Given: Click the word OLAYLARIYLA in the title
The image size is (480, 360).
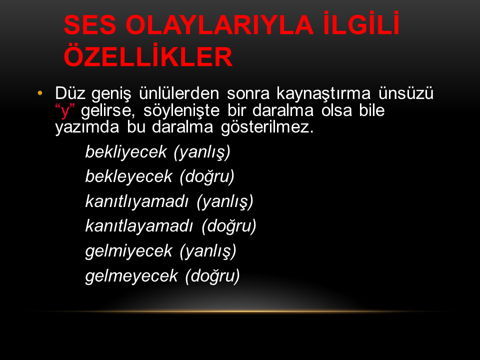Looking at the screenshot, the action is tap(219, 25).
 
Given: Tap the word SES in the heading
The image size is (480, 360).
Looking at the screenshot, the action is tap(90, 25).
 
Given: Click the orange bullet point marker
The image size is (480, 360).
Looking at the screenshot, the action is tap(40, 93).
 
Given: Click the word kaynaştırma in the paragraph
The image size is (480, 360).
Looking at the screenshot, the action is tap(323, 93).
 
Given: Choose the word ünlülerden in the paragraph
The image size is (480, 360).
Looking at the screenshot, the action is tap(179, 93).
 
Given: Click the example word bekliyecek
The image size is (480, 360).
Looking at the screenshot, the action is tap(126, 152).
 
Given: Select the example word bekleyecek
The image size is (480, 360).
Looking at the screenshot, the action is tap(129, 176).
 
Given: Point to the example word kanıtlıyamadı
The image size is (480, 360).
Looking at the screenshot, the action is tap(137, 201).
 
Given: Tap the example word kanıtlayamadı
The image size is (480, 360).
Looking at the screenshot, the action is tap(139, 226).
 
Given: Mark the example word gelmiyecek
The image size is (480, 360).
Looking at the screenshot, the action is tap(129, 251).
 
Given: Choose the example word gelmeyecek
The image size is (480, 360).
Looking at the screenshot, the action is tap(131, 276).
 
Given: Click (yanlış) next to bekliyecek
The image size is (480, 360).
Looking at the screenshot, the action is tap(202, 152).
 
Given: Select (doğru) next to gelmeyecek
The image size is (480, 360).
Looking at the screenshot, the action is tap(212, 276).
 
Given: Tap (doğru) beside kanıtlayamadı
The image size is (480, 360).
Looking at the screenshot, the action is tap(229, 226).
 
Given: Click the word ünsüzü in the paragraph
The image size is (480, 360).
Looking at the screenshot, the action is tap(406, 93).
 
